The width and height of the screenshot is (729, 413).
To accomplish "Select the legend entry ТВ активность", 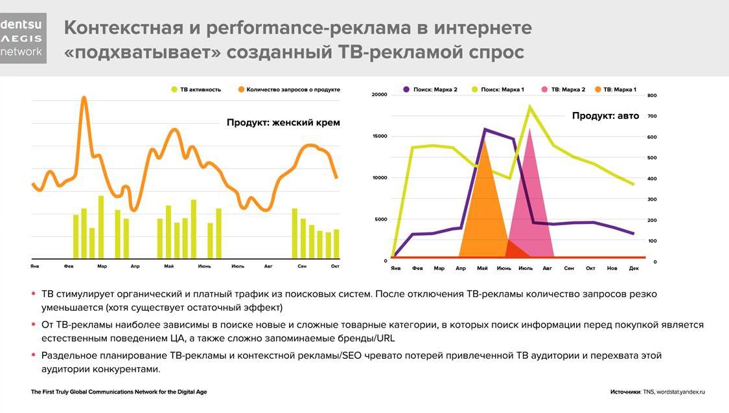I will (x=196, y=89).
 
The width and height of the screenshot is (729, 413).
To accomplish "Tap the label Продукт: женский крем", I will (x=283, y=122).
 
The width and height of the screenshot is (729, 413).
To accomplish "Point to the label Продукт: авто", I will (x=605, y=116).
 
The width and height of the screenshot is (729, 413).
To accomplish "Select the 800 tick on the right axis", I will (x=652, y=95).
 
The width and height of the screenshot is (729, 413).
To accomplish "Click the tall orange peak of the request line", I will (x=84, y=98).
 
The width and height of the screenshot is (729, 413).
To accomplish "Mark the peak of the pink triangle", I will (x=530, y=129).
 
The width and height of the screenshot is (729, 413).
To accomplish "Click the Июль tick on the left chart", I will (x=238, y=266).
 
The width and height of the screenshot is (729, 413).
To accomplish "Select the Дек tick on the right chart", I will (x=634, y=268).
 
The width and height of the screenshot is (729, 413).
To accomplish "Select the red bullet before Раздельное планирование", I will (x=34, y=355).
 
